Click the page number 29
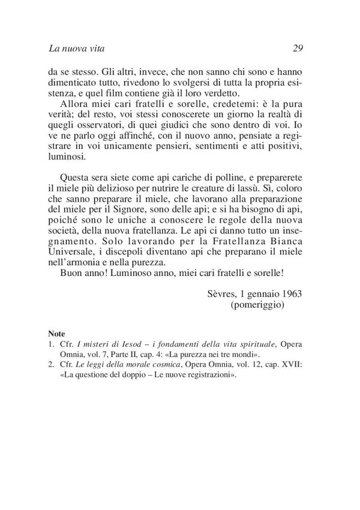point(302,48)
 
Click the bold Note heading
point(57,334)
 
